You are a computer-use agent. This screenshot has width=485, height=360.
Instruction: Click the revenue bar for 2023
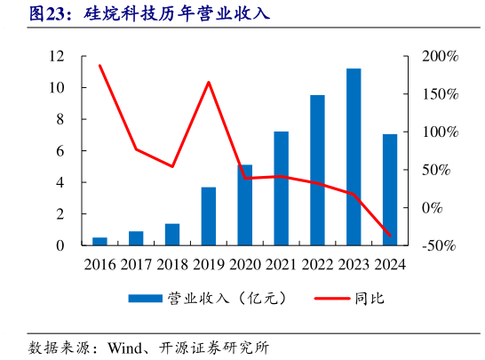click(x=354, y=156)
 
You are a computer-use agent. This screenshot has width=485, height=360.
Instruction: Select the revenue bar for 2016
click(x=99, y=241)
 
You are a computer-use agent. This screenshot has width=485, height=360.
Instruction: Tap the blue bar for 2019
click(x=209, y=216)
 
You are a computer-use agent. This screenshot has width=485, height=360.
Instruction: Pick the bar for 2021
click(x=281, y=188)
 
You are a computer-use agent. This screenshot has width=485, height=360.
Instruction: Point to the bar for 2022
click(x=317, y=170)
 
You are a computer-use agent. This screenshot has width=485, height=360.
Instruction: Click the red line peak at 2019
click(x=209, y=83)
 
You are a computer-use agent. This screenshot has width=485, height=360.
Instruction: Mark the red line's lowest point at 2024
click(x=390, y=236)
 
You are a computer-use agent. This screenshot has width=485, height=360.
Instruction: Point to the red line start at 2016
click(x=99, y=66)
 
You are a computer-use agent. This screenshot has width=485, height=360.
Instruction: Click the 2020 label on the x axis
click(x=244, y=264)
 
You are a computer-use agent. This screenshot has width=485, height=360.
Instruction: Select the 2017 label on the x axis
click(x=136, y=264)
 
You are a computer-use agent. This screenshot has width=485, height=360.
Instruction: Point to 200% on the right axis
click(x=439, y=56)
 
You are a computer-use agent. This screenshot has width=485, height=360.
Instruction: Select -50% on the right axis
click(x=439, y=245)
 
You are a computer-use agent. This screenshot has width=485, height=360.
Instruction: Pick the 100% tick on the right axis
click(x=439, y=132)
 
